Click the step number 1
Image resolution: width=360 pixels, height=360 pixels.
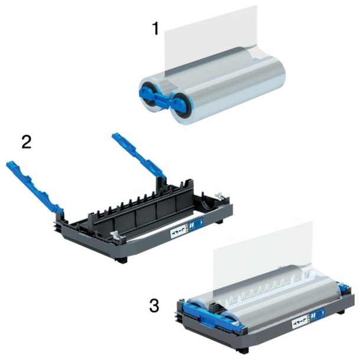(x=155, y=28)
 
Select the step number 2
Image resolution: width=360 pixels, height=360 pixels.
(x=27, y=142)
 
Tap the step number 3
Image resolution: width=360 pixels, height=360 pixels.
(x=154, y=306)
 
